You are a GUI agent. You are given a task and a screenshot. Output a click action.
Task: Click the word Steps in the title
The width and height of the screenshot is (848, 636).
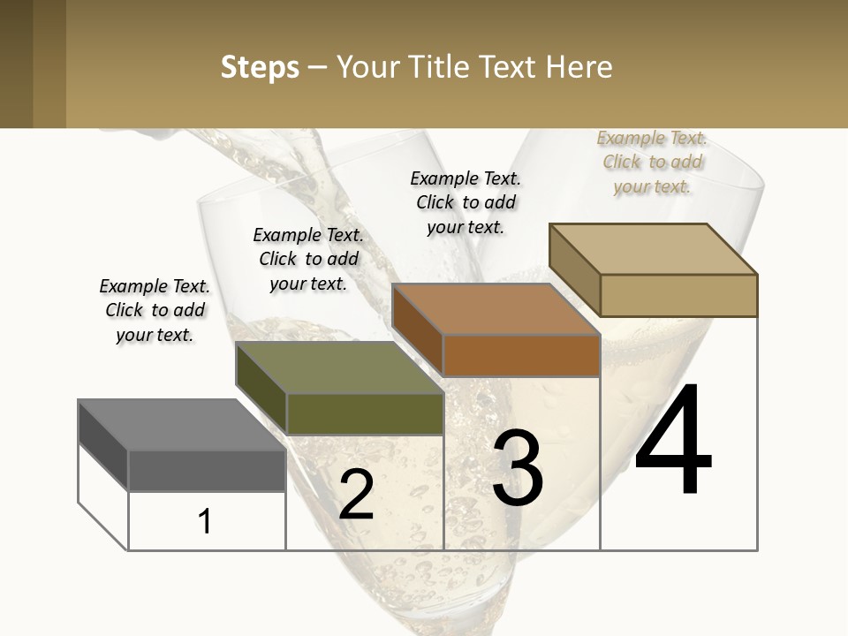260,68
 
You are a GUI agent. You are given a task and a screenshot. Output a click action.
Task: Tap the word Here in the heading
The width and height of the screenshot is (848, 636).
579,68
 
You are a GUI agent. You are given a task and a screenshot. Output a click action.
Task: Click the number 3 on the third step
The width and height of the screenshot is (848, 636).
518,469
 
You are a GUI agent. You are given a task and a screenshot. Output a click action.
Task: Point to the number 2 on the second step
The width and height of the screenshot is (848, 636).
356,495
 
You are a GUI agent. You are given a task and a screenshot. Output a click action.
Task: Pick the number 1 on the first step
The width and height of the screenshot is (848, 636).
205,521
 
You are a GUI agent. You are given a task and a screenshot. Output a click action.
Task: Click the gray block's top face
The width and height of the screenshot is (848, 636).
181,425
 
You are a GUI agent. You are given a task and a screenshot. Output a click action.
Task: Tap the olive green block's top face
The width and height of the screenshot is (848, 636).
338,367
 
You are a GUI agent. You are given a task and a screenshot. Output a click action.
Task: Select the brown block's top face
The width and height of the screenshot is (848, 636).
495,309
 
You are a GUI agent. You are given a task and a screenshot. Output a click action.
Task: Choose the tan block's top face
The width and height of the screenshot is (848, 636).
652,249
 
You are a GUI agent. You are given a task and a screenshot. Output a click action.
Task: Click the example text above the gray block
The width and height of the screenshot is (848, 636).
155,311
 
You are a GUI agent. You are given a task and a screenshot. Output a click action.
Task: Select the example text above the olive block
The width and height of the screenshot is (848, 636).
308,259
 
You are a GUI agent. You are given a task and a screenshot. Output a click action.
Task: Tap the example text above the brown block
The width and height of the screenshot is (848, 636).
466,202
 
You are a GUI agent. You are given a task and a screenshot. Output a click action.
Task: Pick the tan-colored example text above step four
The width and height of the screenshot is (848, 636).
652,162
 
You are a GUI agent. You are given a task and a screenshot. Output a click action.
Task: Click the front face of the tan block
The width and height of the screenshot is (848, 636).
678,295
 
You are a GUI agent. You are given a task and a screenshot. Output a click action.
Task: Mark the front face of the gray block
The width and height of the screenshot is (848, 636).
207,470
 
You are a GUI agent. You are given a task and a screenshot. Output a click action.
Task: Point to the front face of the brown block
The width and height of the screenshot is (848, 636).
521,355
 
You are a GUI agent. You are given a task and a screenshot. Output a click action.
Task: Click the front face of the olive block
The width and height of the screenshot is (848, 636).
365,413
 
